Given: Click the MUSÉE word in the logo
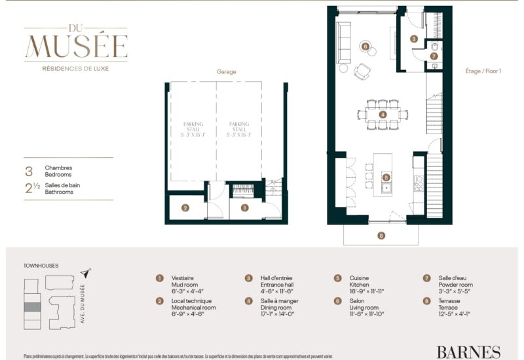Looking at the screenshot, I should (x=76, y=46).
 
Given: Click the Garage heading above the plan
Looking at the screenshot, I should (x=226, y=72).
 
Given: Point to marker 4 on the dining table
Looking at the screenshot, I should (x=383, y=114).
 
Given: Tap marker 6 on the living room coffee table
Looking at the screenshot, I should (x=365, y=46).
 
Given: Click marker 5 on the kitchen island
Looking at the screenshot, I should (x=386, y=177).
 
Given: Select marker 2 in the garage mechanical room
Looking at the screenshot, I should (x=185, y=208).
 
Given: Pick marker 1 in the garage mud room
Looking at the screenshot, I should (x=244, y=208).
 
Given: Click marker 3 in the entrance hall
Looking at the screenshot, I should (x=414, y=39).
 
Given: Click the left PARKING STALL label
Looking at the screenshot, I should (x=193, y=126).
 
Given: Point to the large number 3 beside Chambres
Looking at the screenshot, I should (x=29, y=171).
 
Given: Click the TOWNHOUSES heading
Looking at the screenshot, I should (x=41, y=266).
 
